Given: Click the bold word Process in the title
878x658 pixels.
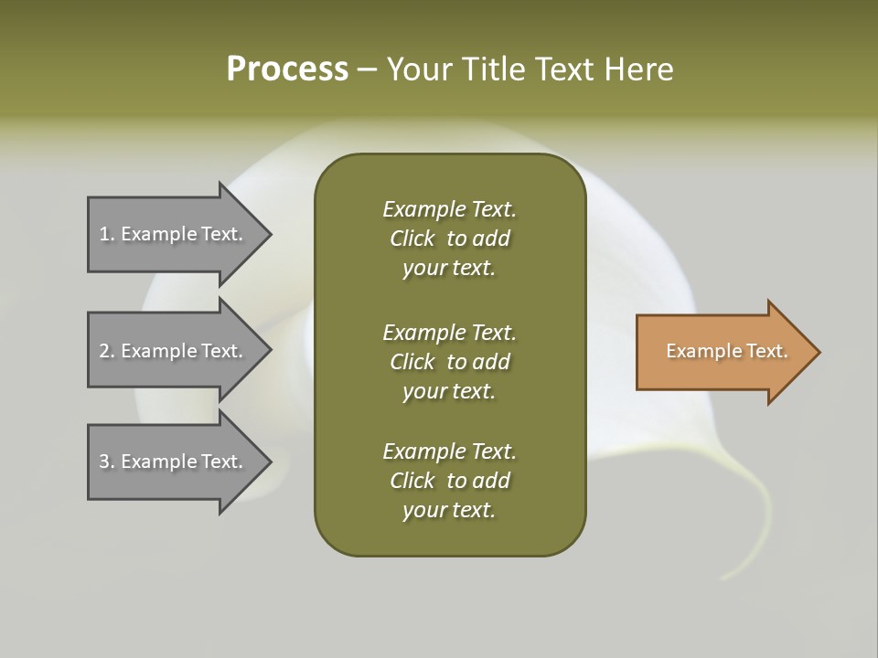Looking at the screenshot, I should pyautogui.click(x=287, y=69).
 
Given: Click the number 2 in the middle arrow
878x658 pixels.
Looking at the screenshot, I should pyautogui.click(x=104, y=351).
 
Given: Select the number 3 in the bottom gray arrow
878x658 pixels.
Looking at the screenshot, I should pyautogui.click(x=104, y=462).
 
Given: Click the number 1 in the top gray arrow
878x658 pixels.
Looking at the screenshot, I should pyautogui.click(x=103, y=234).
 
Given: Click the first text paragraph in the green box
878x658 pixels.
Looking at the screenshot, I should pyautogui.click(x=449, y=239).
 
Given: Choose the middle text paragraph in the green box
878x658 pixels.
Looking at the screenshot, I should pyautogui.click(x=449, y=362).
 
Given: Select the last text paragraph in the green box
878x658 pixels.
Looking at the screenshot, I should pyautogui.click(x=449, y=481).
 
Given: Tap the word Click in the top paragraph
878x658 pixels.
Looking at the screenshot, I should pyautogui.click(x=412, y=239).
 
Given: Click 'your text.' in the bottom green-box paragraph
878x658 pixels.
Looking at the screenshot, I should pyautogui.click(x=449, y=510).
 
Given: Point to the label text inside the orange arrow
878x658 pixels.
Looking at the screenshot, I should pyautogui.click(x=726, y=351).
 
